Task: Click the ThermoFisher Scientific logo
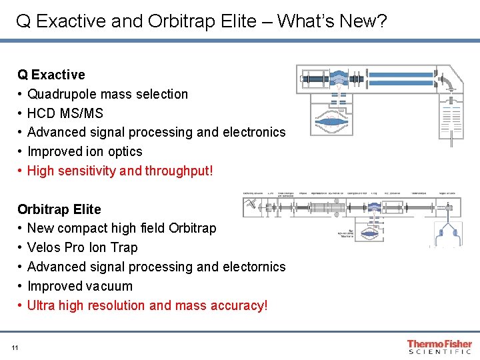click(x=439, y=347)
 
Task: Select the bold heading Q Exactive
click(x=51, y=75)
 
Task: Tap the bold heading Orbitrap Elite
click(x=59, y=209)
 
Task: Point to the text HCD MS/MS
click(x=65, y=113)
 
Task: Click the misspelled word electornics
click(x=255, y=267)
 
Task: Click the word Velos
click(x=44, y=247)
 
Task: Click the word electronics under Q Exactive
click(x=255, y=132)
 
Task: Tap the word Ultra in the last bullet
click(x=41, y=305)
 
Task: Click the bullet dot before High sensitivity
click(x=21, y=171)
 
